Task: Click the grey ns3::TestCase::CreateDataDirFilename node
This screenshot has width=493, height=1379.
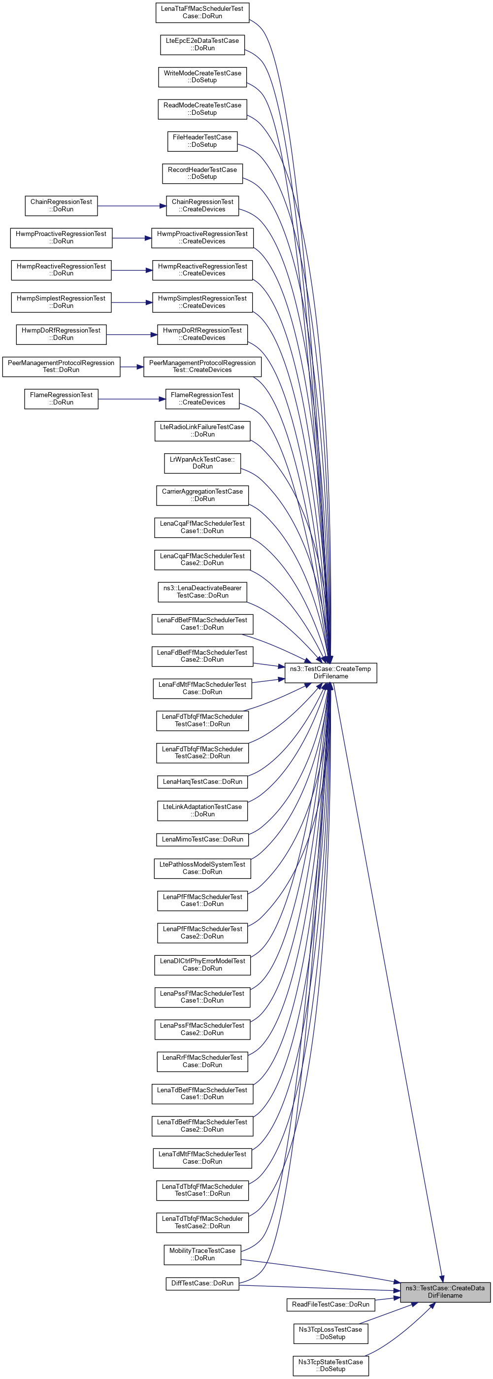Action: coord(445,1292)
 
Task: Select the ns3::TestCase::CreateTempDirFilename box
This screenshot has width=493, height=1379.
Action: coord(330,673)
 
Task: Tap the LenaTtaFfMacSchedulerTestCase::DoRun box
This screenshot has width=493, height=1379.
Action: coord(202,12)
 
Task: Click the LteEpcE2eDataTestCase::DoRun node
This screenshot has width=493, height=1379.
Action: coord(202,44)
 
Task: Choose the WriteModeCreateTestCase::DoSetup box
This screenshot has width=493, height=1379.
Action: coord(202,76)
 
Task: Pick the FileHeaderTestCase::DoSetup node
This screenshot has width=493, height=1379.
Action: coord(202,141)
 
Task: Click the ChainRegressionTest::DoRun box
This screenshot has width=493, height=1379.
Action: coord(61,205)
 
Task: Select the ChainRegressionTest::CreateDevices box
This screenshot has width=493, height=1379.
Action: coord(202,205)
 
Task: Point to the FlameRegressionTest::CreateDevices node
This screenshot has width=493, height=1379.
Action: coord(202,399)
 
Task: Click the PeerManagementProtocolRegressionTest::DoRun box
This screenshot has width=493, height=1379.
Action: coord(61,367)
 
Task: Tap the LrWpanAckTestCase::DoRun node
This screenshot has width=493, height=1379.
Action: coord(202,463)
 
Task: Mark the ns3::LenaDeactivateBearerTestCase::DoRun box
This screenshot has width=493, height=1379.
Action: coord(202,592)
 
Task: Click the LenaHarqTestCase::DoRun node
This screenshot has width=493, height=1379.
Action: coord(202,781)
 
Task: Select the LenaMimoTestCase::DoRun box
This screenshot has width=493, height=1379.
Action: coord(202,839)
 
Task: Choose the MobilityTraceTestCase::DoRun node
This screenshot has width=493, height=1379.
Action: coord(202,1254)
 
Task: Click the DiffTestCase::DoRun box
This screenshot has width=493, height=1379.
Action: coord(202,1283)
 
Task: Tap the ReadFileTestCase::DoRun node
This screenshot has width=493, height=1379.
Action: coord(330,1304)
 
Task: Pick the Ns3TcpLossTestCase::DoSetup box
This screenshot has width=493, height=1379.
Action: coord(330,1333)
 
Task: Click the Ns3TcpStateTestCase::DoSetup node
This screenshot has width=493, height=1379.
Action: coord(330,1365)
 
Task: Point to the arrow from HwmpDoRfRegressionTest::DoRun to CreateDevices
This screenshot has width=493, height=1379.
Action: coord(131,335)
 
